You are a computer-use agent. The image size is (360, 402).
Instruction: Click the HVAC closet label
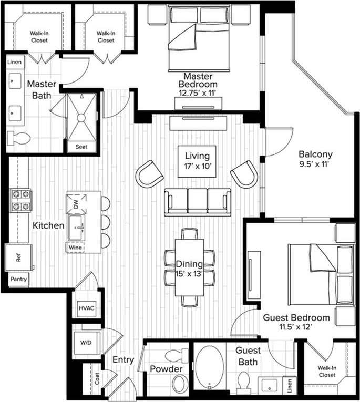coord(86,308)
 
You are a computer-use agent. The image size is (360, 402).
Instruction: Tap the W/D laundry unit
coord(85,343)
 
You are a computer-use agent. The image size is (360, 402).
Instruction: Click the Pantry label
coord(17,280)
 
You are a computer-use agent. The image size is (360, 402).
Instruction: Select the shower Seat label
coord(81,147)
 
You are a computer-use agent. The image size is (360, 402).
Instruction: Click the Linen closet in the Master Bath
coord(15,62)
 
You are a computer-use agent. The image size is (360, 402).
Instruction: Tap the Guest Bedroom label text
coord(296,317)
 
